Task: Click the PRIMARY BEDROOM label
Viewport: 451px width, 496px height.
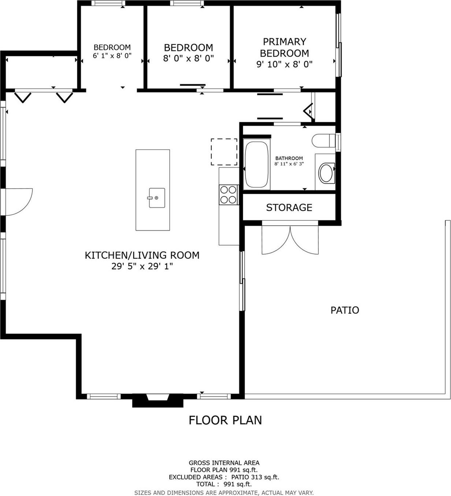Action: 284,47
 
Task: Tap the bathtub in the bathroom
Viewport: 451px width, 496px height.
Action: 257,165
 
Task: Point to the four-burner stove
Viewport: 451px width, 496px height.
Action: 228,195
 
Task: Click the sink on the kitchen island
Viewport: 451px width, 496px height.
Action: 157,198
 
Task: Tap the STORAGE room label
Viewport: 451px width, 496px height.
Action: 289,208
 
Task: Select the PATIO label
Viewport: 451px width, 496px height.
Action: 345,310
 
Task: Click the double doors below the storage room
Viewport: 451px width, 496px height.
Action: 290,240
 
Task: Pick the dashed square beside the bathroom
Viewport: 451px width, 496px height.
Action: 224,152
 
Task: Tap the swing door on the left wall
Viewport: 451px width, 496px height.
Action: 18,201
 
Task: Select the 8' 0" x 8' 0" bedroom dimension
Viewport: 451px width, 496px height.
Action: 188,58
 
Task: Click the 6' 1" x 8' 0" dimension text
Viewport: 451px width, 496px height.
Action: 112,56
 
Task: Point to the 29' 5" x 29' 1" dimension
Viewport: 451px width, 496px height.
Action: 142,266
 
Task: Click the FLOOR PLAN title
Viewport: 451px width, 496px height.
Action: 225,420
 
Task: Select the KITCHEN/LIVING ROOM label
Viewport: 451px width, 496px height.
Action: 142,255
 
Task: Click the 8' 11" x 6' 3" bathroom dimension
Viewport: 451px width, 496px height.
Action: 289,164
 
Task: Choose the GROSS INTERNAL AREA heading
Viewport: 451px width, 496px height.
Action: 224,463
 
